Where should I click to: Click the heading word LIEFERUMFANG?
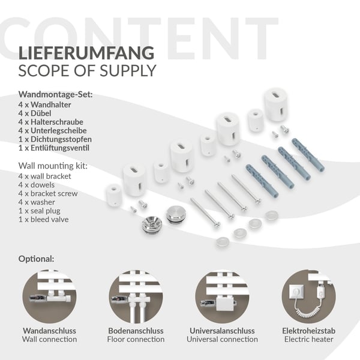tap(86, 53)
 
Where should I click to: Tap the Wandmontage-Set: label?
tap(56, 94)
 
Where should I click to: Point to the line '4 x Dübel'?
tap(35, 113)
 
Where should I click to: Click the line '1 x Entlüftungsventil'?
tap(54, 148)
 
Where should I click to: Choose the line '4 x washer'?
tap(37, 202)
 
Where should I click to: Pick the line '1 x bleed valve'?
tap(43, 220)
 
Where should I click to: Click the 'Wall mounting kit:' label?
tap(53, 166)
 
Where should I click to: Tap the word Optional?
tap(36, 259)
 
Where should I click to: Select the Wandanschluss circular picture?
tap(49, 296)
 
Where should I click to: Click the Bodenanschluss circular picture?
tap(136, 296)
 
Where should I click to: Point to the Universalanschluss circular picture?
tap(222, 296)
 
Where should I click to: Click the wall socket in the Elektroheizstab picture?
tap(296, 292)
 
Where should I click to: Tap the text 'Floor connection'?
tap(136, 340)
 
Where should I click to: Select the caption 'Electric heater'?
tap(308, 340)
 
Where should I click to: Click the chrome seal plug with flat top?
tap(174, 214)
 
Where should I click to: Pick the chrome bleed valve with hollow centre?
tap(152, 225)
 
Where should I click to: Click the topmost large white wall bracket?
tap(275, 104)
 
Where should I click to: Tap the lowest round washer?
tap(223, 242)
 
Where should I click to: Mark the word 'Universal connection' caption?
tap(222, 340)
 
